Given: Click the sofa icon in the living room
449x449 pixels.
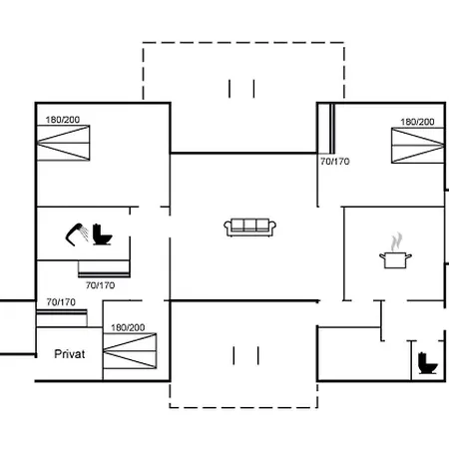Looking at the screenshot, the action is tap(249, 227).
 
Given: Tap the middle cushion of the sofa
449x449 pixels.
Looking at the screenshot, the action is tap(249, 224).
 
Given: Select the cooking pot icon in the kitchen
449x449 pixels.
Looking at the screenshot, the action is tap(395, 259).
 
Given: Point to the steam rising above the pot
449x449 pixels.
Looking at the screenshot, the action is tap(396, 241).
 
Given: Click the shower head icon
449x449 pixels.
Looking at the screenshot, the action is tap(77, 233).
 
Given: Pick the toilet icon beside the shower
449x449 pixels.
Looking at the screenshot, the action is tap(102, 234).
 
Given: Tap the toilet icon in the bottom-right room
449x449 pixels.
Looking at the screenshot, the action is tap(427, 363).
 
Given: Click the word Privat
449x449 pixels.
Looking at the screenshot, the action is tap(70, 354).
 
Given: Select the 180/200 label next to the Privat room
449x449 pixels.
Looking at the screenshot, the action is tap(128, 328).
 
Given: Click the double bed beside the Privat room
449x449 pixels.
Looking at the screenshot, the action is tap(130, 351).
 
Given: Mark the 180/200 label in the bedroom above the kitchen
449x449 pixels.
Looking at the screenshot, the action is tap(417, 122).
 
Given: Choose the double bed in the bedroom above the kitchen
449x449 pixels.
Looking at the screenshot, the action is tap(418, 146).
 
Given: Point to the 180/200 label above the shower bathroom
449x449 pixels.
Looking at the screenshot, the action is tap(63, 120).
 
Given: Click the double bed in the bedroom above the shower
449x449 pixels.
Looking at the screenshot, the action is tap(63, 143).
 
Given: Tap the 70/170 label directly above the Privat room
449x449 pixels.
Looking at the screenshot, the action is tap(61, 302).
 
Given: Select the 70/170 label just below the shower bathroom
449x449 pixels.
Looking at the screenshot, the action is tap(100, 285).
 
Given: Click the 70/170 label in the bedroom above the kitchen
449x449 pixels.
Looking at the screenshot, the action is tap(335, 162).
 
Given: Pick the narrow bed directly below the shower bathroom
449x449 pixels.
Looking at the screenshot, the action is tap(104, 268).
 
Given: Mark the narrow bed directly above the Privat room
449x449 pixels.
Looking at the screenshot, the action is tap(62, 318).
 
